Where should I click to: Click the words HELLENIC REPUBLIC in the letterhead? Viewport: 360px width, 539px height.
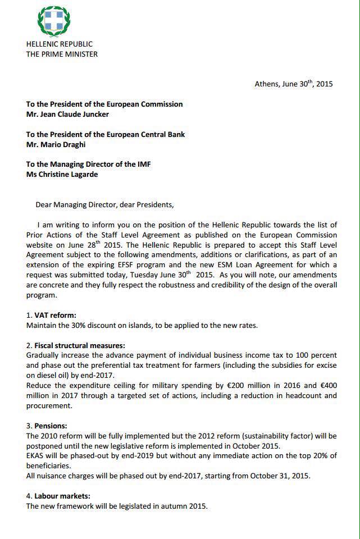pyautogui.click(x=60, y=44)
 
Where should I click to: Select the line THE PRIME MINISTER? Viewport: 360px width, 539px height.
pyautogui.click(x=62, y=54)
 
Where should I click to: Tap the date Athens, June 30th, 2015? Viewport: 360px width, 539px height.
pyautogui.click(x=294, y=84)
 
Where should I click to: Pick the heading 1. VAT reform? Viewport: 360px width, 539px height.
pyautogui.click(x=51, y=316)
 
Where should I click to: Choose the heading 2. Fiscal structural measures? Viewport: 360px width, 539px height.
pyautogui.click(x=76, y=346)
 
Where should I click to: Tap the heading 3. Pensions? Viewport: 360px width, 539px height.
pyautogui.click(x=51, y=426)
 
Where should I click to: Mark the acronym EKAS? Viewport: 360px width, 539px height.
pyautogui.click(x=36, y=456)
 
